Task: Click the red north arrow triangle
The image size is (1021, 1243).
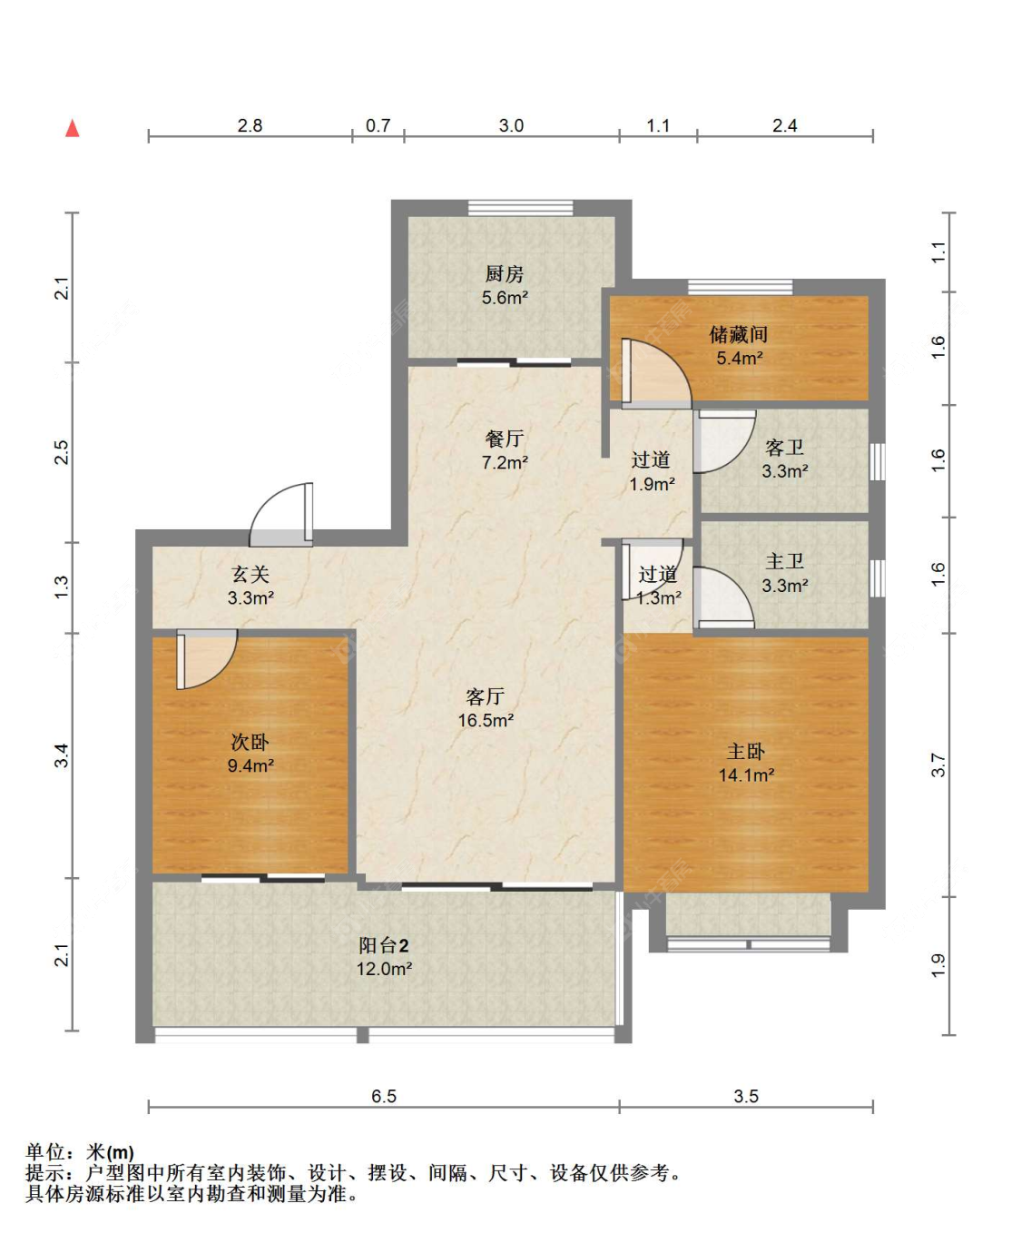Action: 72,128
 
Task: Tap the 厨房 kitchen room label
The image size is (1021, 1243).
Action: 504,274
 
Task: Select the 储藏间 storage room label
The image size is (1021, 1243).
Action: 738,335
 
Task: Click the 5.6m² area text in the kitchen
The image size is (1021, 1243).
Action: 505,298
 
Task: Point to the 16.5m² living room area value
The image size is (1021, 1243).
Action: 486,720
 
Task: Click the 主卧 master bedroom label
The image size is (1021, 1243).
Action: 745,752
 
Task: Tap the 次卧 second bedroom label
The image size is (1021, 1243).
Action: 250,742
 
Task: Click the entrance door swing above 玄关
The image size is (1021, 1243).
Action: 281,515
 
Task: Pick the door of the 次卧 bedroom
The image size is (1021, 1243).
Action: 207,659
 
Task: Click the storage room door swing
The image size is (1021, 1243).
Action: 656,372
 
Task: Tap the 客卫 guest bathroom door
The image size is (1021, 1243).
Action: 724,441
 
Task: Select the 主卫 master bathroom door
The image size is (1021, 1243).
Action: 723,597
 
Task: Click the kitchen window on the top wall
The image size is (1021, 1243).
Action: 520,207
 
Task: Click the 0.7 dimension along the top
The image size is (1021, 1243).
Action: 378,125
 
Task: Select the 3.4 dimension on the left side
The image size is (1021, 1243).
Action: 62,755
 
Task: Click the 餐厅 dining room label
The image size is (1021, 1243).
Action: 504,439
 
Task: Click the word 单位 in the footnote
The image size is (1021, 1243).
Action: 45,1151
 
